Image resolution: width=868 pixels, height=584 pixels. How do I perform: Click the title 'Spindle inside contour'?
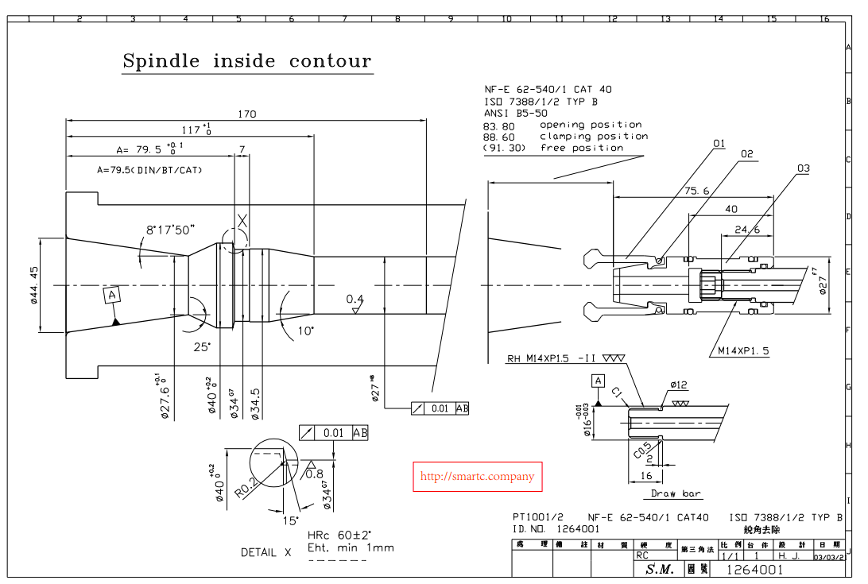246,62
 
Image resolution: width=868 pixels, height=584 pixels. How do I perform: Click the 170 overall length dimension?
247,114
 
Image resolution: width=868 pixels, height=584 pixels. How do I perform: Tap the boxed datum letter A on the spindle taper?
113,296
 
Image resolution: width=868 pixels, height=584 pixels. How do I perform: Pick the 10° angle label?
306,330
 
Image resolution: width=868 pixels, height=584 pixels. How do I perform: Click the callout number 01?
719,144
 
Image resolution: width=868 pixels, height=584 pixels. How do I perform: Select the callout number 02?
746,154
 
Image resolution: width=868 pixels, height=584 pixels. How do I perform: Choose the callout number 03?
804,168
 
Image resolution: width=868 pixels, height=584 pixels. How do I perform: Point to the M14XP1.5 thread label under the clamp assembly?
743,350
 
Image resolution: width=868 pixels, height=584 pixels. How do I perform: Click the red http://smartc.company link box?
477,477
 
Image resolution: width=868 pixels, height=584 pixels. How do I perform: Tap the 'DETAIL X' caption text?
266,552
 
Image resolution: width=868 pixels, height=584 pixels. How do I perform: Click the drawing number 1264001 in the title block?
755,570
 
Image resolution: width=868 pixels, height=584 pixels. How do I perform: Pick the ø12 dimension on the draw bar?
678,385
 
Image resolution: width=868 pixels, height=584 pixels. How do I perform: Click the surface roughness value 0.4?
355,299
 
